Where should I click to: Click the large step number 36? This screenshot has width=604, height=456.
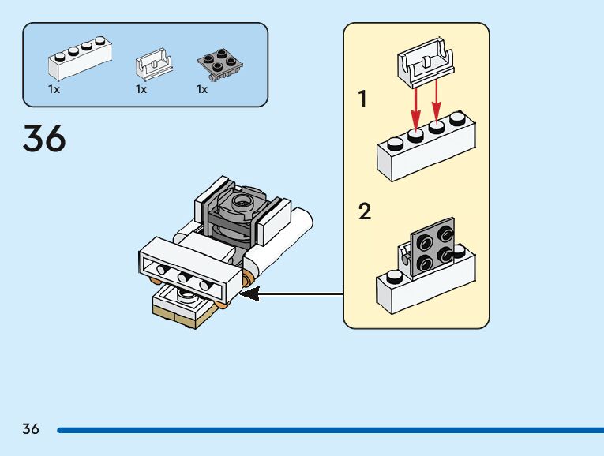click(x=45, y=139)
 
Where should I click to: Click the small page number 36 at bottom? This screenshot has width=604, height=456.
click(x=31, y=429)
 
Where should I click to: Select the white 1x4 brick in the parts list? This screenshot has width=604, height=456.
click(x=80, y=58)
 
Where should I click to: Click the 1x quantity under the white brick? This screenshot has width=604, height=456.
click(x=54, y=90)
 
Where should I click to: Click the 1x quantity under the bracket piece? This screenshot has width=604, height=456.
click(x=141, y=90)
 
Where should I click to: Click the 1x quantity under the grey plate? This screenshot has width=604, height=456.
click(x=203, y=90)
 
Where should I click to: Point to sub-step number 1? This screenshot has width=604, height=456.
click(x=363, y=99)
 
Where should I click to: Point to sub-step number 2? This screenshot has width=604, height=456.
click(x=364, y=212)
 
